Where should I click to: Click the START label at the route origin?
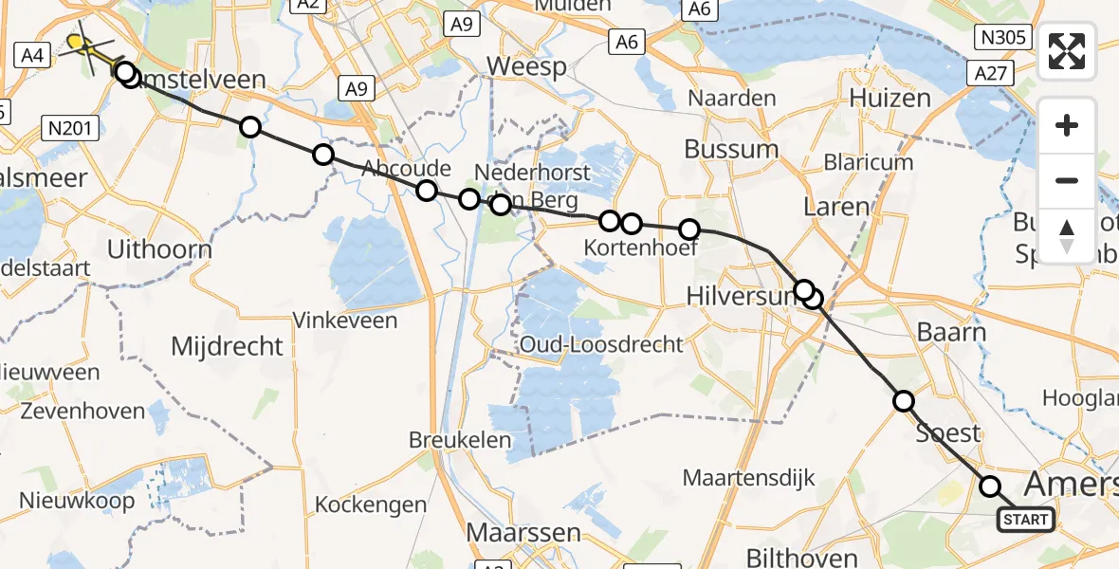click(1025, 519)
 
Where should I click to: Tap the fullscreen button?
click(1067, 51)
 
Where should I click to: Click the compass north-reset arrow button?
click(1067, 236)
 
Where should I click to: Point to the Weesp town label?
click(526, 66)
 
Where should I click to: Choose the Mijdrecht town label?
click(227, 345)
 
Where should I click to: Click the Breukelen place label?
click(461, 440)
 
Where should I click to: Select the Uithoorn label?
click(159, 249)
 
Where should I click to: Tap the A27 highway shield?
click(993, 72)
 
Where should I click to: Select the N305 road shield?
click(1001, 37)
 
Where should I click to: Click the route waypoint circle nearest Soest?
click(904, 401)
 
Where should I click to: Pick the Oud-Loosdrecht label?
click(600, 343)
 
